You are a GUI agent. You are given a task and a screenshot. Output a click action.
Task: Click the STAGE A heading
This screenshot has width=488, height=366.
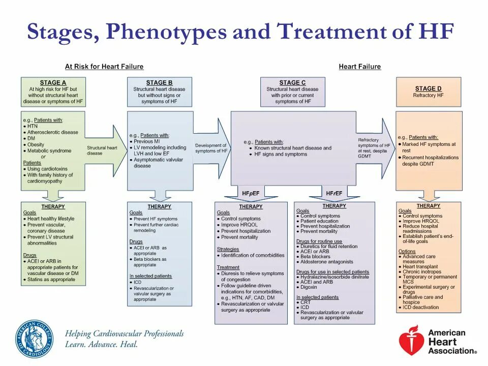53,82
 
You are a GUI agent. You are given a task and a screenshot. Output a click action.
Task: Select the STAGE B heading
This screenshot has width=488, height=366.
159,82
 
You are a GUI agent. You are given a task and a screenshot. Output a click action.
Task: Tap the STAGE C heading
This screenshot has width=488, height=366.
292,82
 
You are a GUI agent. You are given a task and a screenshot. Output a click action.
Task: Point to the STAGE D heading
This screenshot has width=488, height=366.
428,88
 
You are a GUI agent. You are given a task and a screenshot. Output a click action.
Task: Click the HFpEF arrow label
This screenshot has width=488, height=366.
251,193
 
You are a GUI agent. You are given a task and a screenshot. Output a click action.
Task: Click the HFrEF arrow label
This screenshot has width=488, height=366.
334,193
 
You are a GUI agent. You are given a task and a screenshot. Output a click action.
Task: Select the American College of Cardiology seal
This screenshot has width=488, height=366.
34,339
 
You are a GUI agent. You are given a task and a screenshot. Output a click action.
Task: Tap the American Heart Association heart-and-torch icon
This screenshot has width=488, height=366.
410,340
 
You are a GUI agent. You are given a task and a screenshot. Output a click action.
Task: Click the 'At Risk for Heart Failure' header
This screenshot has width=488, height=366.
104,67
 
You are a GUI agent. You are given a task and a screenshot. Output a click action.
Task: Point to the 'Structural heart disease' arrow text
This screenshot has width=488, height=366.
102,150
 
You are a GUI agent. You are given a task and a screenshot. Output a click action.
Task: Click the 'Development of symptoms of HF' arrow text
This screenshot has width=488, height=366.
211,148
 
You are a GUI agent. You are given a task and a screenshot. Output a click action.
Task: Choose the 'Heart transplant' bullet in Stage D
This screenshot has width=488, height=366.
419,266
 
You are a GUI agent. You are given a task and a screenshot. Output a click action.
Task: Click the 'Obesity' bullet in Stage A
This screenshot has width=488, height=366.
36,144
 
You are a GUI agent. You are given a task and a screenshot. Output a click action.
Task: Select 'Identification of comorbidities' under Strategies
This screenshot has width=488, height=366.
252,256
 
